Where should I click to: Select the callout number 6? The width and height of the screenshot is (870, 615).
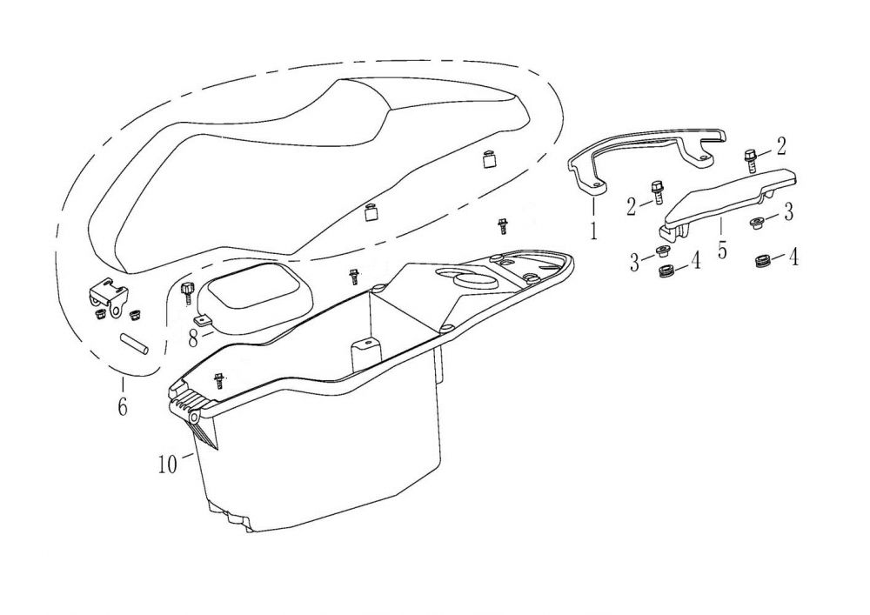122,404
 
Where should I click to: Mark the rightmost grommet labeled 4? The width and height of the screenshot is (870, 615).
766,258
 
